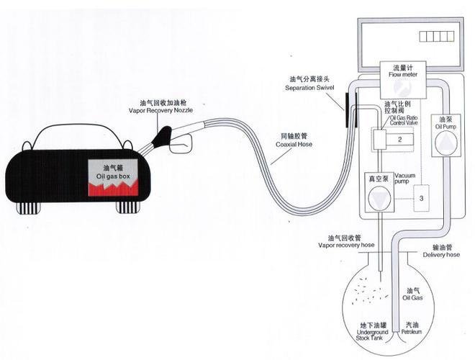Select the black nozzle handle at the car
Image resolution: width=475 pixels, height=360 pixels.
click(166, 135)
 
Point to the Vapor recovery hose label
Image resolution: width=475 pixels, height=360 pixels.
click(347, 241)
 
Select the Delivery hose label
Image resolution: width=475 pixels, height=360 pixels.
click(437, 250)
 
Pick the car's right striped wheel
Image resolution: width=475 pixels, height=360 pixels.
click(128, 207)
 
